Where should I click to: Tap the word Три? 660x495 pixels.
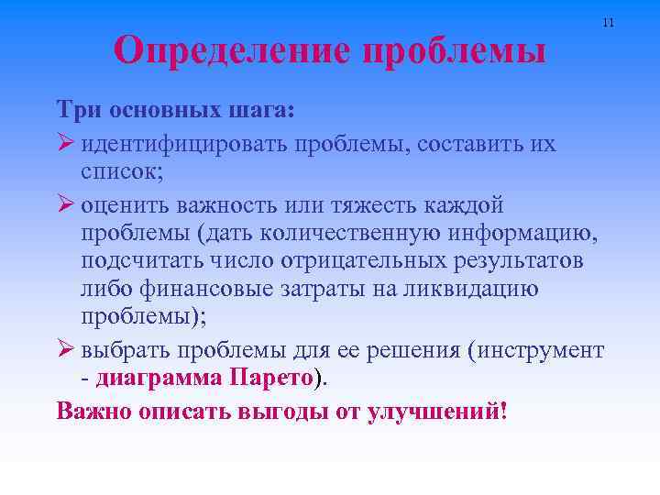coord(79,110)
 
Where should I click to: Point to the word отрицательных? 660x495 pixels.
coord(366,261)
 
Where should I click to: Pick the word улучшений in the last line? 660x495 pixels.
coord(434,409)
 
